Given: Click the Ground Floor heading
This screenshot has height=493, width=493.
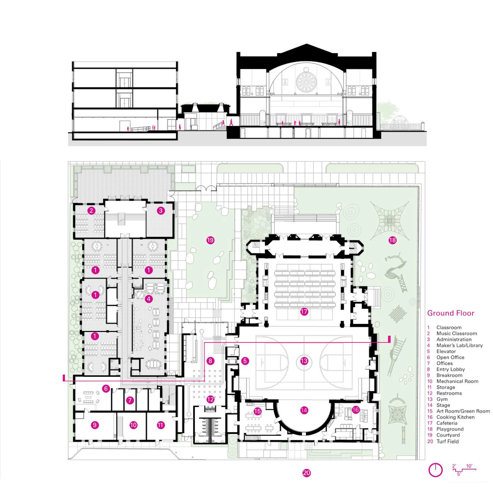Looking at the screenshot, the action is [451, 313].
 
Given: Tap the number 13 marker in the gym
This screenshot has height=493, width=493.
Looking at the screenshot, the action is [304, 361].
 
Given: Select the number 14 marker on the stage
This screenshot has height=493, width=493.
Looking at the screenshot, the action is [304, 410].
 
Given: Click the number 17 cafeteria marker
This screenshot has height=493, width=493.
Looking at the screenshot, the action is [304, 312].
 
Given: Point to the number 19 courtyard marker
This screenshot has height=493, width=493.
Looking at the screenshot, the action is [210, 240].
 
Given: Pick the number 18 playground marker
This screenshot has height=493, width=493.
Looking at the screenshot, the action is [392, 240].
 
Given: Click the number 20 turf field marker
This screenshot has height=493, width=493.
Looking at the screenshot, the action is [306, 473].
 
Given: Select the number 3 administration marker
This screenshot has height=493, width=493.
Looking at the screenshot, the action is [160, 211].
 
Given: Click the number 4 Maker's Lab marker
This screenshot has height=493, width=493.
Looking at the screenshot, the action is [149, 299].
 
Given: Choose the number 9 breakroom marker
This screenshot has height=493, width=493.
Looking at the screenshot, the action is [95, 425].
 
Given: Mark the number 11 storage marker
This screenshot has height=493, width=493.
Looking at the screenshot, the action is [160, 425].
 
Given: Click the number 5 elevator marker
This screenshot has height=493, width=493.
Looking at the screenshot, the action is [245, 361].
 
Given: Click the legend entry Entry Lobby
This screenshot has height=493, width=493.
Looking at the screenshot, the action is [451, 369].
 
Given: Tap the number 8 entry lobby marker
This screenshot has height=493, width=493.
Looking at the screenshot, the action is [210, 361].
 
